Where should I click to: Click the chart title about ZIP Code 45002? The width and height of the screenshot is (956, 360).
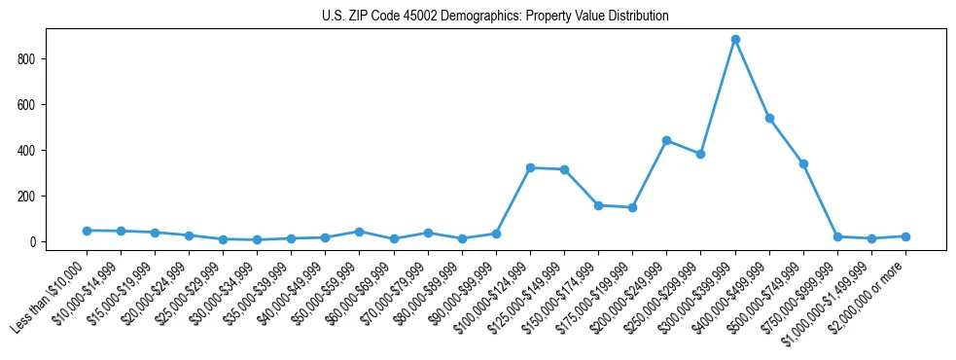coord(495,17)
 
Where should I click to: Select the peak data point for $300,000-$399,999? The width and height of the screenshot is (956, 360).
coord(735,40)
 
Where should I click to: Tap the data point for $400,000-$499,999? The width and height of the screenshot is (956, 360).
coord(769,119)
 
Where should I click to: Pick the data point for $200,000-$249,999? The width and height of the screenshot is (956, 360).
coord(666,140)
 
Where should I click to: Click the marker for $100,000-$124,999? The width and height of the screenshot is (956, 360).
coord(530,167)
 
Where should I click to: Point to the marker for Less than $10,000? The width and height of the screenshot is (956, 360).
coord(87,231)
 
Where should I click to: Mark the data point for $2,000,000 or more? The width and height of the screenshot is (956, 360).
coord(905,236)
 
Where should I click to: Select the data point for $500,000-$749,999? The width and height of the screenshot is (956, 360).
coord(803,163)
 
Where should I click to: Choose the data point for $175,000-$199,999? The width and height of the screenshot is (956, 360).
coord(632,207)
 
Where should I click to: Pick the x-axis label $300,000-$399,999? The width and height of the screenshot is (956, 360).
coord(698,297)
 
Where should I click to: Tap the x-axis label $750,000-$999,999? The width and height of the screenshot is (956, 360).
coord(800,297)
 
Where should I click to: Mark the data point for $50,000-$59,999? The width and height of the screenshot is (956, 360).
coord(359,232)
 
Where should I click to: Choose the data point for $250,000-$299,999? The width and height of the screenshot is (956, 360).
coord(700,154)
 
